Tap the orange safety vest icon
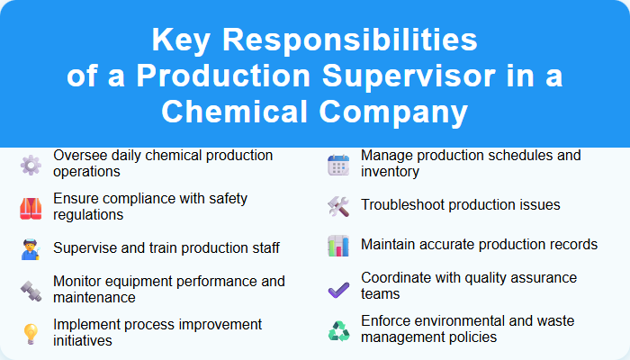click(31, 207)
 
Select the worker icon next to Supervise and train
click(31, 248)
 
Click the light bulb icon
click(31, 332)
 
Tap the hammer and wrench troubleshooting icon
click(338, 205)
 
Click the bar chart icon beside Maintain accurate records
click(338, 246)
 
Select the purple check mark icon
click(338, 288)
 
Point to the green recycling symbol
click(338, 330)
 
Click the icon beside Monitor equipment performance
click(31, 290)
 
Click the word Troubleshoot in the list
click(402, 205)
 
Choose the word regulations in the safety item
click(88, 214)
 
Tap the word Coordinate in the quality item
click(397, 278)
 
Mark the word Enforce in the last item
click(386, 320)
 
